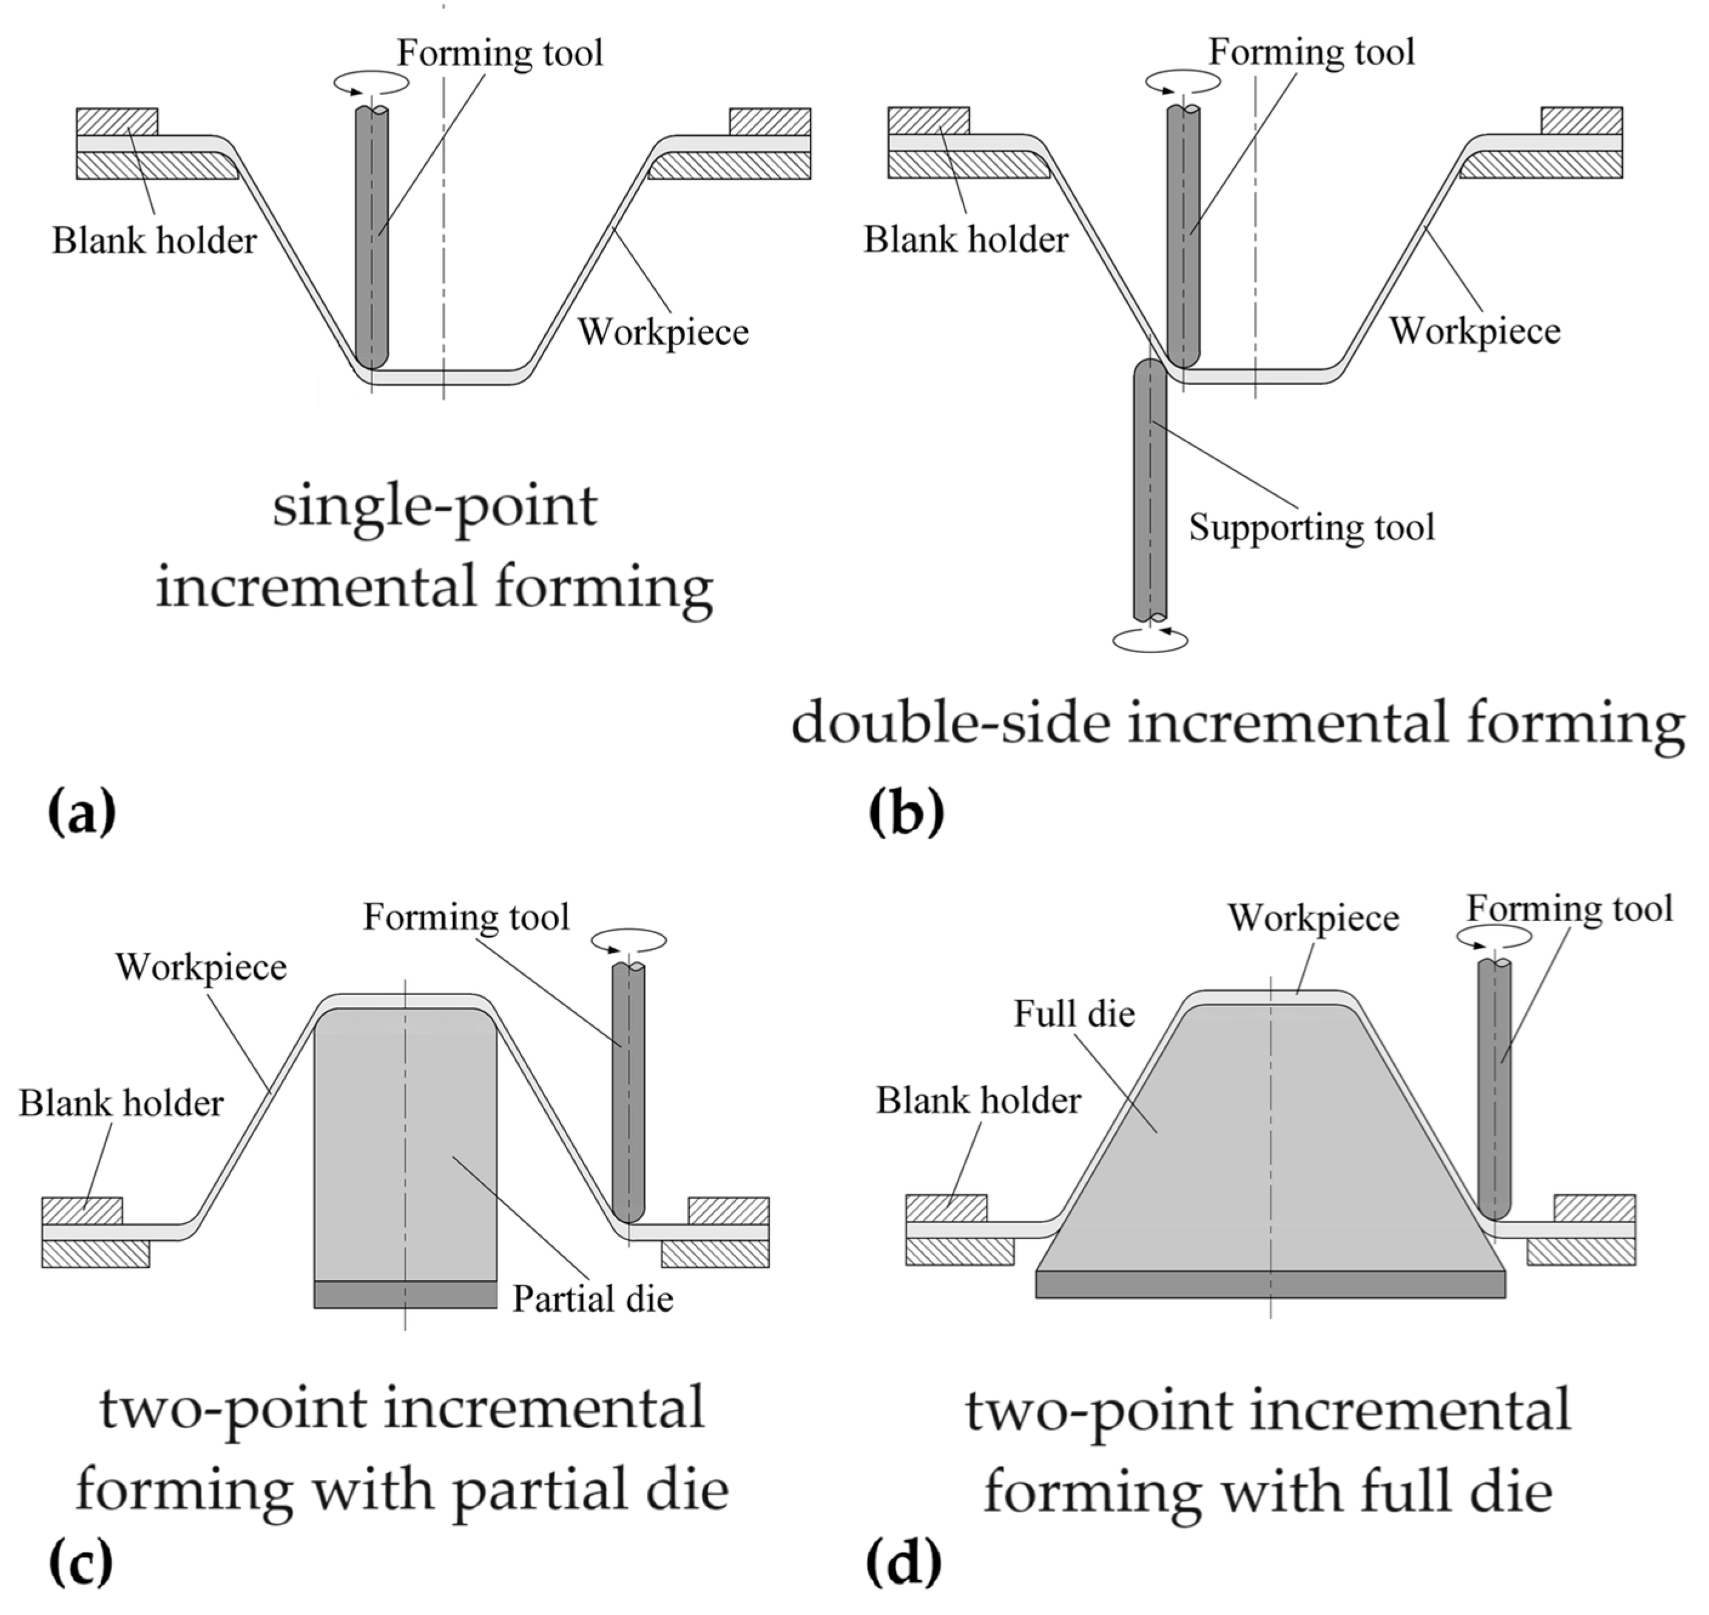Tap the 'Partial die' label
[x=592, y=1298]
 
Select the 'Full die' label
[x=1074, y=1013]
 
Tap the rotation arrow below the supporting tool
[x=1150, y=640]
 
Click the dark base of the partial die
[x=405, y=1294]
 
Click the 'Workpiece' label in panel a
[x=663, y=332]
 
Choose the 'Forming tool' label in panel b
[x=1311, y=52]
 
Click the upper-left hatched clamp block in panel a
[x=117, y=121]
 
